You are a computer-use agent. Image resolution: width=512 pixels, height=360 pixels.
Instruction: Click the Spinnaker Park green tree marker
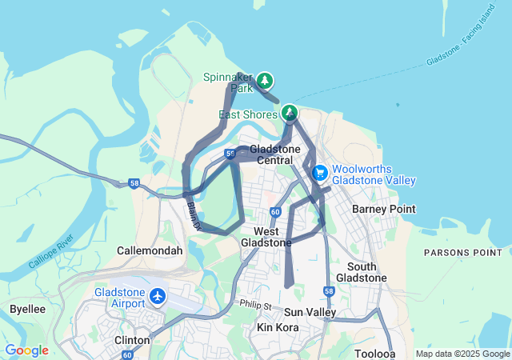[x=265, y=80]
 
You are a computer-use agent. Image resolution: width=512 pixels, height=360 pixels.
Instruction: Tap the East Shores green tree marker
[x=290, y=113]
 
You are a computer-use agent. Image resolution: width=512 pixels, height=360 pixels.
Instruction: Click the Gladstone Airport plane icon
[x=157, y=298]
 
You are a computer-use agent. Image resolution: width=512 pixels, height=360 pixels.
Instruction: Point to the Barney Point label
[x=384, y=210]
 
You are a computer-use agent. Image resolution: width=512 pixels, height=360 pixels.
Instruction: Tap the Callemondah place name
[x=150, y=250]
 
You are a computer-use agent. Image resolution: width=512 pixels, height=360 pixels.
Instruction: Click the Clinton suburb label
[x=132, y=340]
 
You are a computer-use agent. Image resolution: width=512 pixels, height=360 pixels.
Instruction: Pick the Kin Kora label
[x=276, y=328]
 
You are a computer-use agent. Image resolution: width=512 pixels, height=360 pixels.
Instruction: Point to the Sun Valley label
[x=310, y=312]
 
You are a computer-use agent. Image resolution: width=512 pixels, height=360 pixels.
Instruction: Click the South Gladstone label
[x=367, y=272]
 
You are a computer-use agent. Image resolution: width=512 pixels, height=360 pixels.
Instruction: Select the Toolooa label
[x=375, y=353]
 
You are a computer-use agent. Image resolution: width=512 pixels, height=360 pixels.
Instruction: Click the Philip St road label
[x=255, y=305]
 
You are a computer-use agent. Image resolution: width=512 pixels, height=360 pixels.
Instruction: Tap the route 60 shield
[x=274, y=212]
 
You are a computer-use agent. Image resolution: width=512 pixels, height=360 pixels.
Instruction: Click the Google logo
[x=26, y=350]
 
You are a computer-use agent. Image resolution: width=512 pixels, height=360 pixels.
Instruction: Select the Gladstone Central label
[x=274, y=155]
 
